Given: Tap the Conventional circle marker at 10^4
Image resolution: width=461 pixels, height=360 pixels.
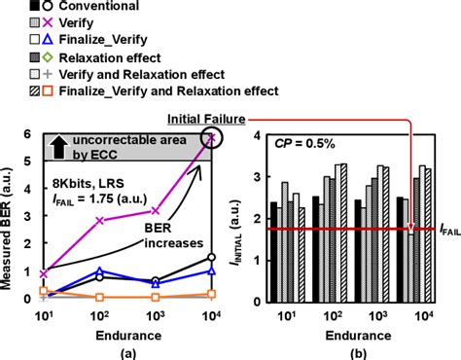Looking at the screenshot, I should coord(210,258).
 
